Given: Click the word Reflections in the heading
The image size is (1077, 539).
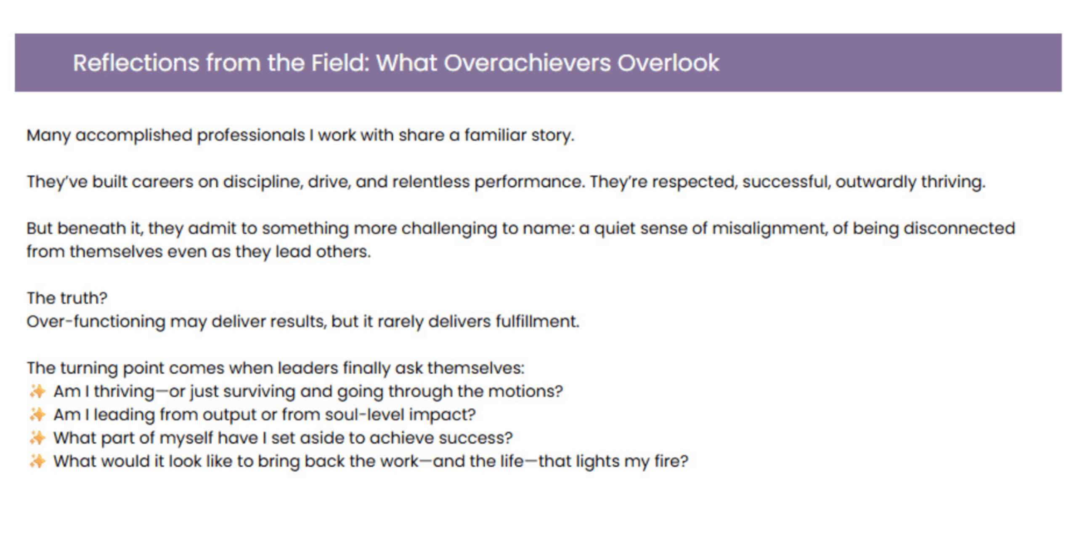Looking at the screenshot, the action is click(135, 63).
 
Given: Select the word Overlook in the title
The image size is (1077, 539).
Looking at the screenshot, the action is click(668, 63).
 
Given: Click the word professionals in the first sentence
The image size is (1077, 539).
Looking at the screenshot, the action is click(251, 136).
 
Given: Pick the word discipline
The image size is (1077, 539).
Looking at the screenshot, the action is click(262, 182).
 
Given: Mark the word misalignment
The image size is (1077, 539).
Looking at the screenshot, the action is click(769, 229).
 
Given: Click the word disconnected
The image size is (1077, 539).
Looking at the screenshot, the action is click(960, 228).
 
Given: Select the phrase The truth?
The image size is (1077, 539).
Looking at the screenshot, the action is click(67, 298).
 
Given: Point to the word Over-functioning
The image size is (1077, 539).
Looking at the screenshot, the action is click(96, 322).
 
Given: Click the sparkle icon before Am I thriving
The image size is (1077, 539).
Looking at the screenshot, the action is click(37, 391).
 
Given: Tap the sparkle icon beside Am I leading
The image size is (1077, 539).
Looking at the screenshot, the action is click(37, 415).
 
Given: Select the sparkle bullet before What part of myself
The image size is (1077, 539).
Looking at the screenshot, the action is click(37, 438).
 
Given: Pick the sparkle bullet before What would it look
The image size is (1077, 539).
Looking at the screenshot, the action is click(37, 462).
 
